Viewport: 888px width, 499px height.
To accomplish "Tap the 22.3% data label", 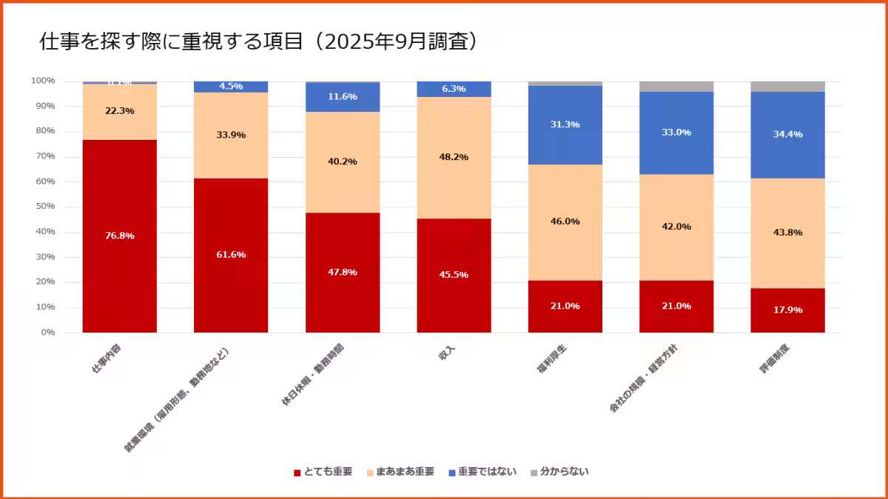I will (119, 111).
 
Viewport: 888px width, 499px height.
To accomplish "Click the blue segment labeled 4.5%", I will (231, 87).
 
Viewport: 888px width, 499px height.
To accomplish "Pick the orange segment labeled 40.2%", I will (343, 161).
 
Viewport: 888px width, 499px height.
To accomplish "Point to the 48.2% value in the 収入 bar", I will (454, 157).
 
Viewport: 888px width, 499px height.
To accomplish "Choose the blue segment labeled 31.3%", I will (565, 124).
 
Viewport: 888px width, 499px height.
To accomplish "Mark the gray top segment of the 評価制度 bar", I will (787, 86).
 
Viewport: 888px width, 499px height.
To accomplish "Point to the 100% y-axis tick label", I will (42, 81).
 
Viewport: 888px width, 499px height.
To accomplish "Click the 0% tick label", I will (47, 332).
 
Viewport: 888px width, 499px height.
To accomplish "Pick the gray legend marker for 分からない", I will (534, 472).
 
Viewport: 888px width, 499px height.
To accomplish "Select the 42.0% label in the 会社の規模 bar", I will (676, 227).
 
